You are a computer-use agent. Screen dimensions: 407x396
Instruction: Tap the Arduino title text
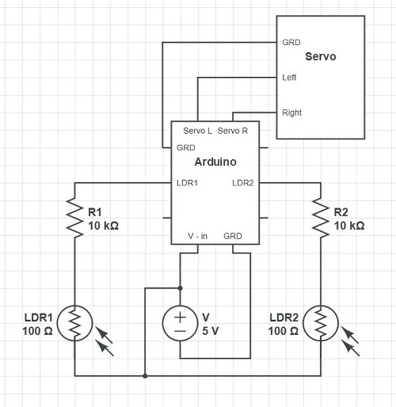(215, 162)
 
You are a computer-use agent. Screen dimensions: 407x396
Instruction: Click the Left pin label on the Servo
(290, 78)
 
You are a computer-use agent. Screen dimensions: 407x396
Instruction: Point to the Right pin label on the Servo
(291, 112)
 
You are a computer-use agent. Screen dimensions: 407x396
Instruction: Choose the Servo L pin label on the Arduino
(197, 131)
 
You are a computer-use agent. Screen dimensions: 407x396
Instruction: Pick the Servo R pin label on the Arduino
(231, 131)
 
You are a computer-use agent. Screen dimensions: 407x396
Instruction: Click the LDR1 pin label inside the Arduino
(188, 183)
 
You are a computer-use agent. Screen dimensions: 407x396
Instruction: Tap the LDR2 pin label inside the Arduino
(242, 183)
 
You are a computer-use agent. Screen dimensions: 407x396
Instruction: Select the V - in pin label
(198, 236)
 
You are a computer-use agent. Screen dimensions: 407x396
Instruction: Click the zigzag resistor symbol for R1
(74, 218)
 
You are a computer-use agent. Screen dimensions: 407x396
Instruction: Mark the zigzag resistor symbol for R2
(321, 218)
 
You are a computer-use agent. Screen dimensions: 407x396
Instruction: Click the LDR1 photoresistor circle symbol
(74, 323)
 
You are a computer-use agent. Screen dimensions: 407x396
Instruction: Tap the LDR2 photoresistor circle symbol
(321, 323)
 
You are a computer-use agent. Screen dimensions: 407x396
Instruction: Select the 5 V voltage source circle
(181, 323)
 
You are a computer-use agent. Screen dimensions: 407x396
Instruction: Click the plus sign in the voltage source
(181, 315)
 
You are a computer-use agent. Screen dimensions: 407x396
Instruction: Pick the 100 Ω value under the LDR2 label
(283, 330)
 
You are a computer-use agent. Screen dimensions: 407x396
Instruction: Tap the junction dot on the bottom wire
(145, 375)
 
